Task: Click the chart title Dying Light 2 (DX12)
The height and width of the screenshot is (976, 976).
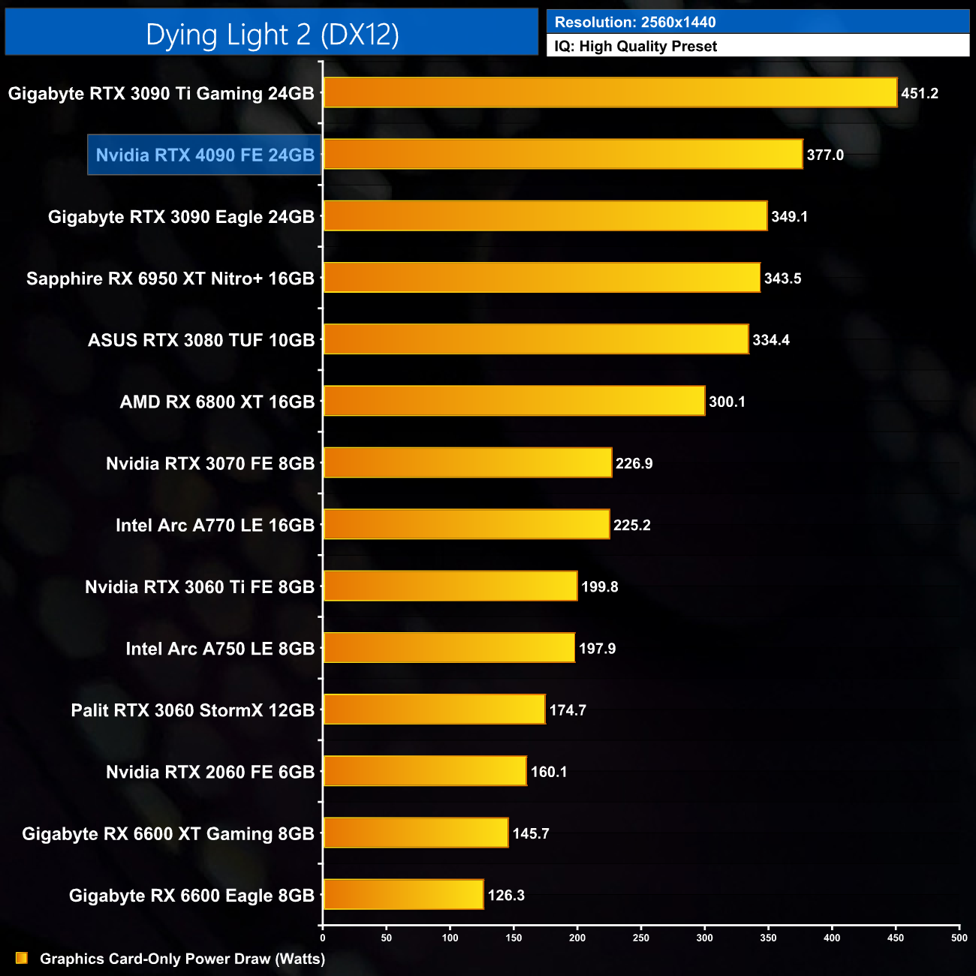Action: (x=272, y=35)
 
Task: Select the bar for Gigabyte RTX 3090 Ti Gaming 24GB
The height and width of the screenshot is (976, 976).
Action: (x=610, y=93)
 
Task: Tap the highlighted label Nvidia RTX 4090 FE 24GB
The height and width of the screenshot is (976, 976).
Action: (x=205, y=155)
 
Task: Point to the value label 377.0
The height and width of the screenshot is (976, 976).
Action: (x=825, y=155)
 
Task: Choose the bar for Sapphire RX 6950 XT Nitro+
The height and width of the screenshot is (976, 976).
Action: (x=541, y=278)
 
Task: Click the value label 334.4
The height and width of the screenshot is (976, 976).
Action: (x=771, y=340)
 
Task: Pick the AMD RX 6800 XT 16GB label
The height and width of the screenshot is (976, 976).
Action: (x=217, y=402)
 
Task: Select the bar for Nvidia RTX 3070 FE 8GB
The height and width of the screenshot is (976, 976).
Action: (x=467, y=463)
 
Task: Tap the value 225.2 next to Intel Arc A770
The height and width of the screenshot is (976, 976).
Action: (x=632, y=526)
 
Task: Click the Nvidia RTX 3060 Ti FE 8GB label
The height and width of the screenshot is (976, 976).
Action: (x=200, y=587)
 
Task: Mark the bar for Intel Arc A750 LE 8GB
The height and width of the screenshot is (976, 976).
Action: (x=449, y=648)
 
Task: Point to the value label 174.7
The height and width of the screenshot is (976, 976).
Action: (x=568, y=710)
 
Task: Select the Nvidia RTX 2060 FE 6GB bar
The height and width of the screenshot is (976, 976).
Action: (x=425, y=772)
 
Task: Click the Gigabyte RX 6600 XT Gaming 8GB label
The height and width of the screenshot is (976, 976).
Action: (x=168, y=834)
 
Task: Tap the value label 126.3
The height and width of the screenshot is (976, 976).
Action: (x=506, y=896)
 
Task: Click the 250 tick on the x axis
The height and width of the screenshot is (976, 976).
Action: (x=641, y=938)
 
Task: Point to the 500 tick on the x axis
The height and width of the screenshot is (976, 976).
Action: (x=959, y=938)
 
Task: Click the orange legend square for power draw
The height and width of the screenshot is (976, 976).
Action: (x=22, y=958)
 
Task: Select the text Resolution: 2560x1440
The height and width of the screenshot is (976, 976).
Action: (x=635, y=23)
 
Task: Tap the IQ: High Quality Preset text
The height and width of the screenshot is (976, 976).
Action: (x=636, y=47)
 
